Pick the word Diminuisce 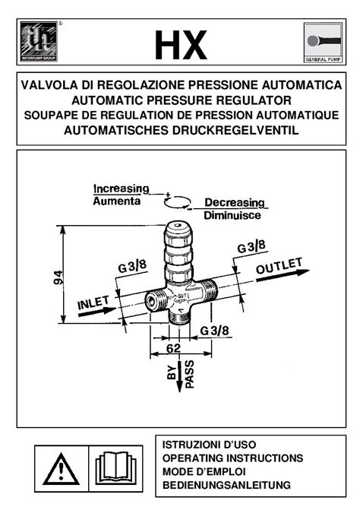click(232, 216)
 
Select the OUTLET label click(279, 269)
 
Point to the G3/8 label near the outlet click(251, 246)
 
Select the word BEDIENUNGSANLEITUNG click(227, 485)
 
